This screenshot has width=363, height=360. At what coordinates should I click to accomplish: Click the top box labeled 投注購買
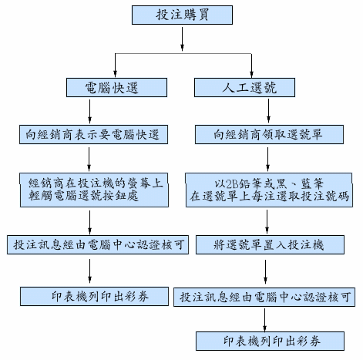click(182, 15)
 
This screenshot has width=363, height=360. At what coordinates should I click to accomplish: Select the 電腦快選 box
click(116, 88)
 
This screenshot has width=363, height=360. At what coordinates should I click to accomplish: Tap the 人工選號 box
click(244, 88)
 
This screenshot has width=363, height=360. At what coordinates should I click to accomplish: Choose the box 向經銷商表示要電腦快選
click(93, 135)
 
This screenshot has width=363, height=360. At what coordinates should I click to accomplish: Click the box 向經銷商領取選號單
click(269, 135)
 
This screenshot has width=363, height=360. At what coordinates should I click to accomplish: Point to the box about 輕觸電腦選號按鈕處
click(94, 190)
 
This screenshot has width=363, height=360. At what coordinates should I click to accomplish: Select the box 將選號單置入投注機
click(270, 245)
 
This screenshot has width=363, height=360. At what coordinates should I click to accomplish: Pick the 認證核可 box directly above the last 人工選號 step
click(264, 298)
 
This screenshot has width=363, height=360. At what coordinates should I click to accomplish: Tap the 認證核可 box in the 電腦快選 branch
click(98, 245)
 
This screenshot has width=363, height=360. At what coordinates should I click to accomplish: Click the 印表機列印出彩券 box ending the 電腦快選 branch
click(95, 297)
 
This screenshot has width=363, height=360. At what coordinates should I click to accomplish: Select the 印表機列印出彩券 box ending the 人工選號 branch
click(270, 341)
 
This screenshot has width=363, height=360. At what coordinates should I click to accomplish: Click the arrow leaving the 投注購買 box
click(182, 39)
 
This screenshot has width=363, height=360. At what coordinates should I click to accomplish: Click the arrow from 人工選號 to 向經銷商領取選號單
click(268, 111)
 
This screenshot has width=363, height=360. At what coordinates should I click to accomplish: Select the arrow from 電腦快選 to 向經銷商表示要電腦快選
click(89, 112)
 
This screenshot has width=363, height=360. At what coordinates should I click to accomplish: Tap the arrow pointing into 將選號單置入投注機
click(267, 221)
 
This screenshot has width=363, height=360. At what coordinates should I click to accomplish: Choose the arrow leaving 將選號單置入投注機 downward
click(265, 271)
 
